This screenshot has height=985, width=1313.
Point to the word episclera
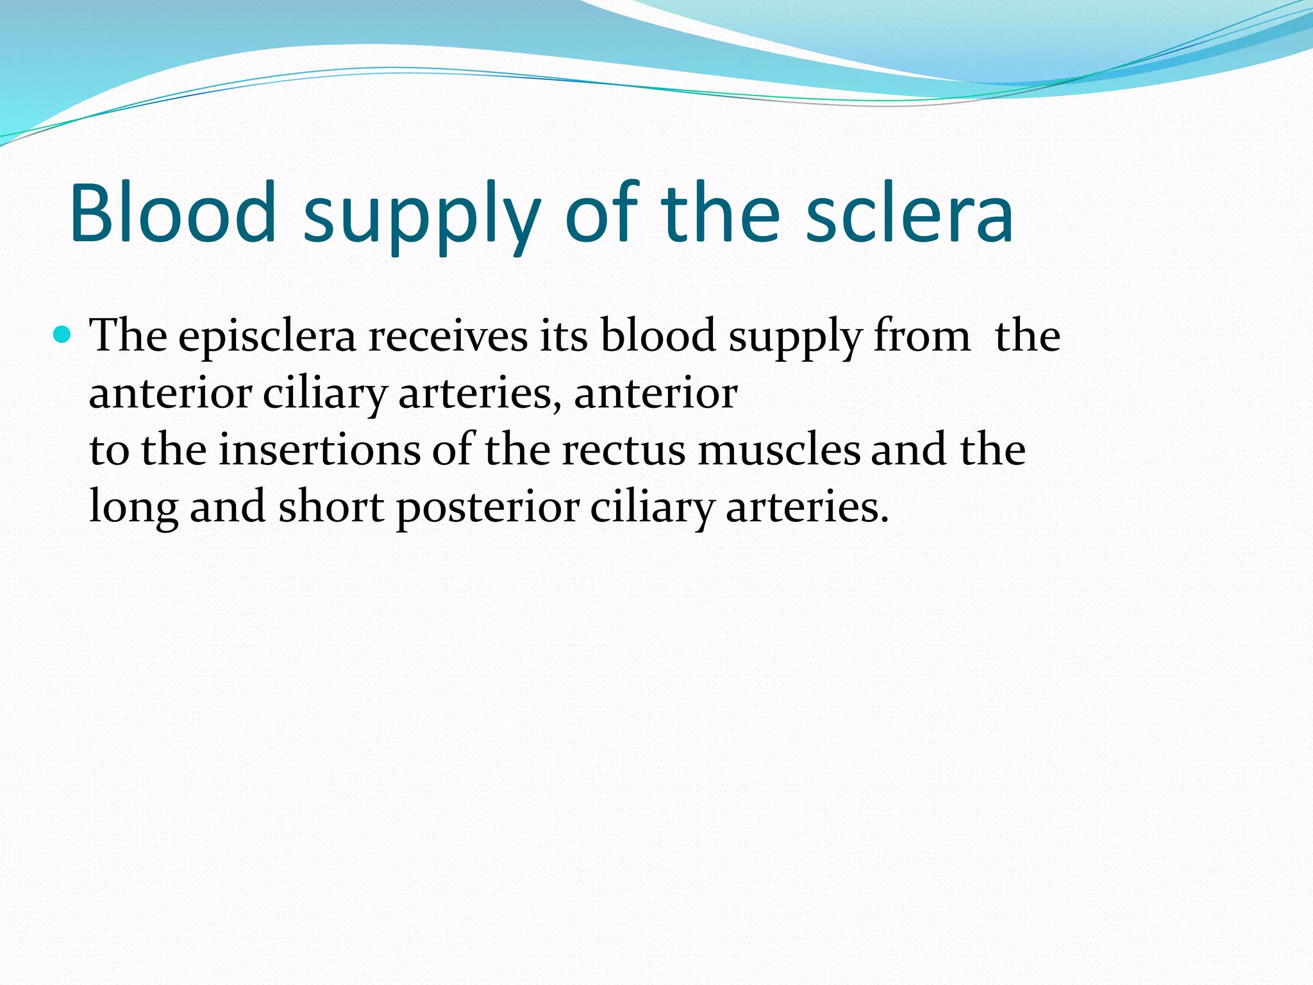[x=267, y=337]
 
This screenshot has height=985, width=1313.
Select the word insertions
[x=319, y=450]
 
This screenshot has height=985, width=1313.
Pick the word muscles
[x=779, y=450]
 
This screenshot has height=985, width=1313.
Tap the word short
[x=331, y=506]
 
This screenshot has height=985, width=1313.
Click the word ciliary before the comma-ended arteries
[x=324, y=394]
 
